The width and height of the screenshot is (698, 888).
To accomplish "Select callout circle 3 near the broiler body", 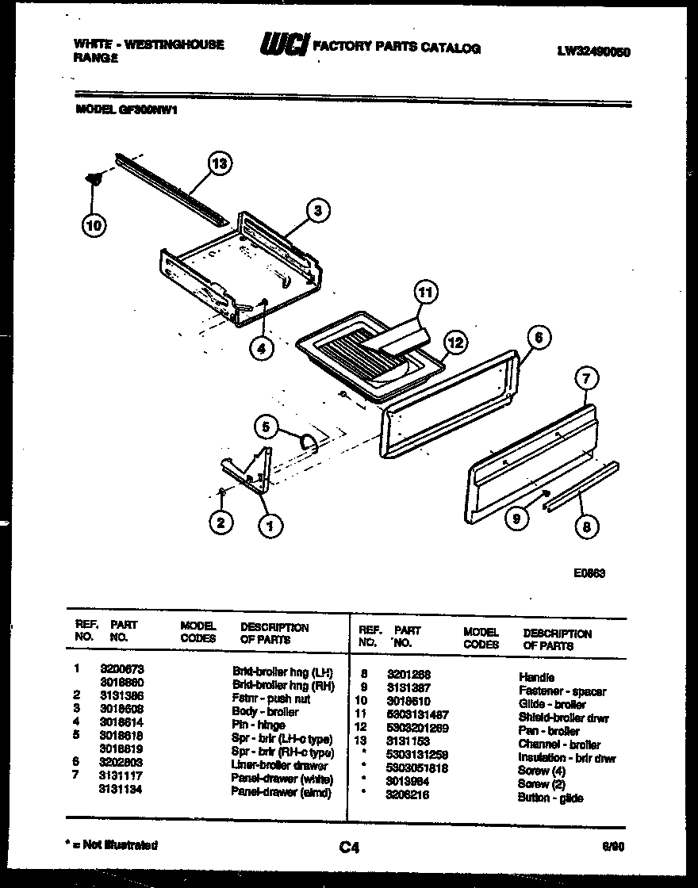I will pyautogui.click(x=317, y=211).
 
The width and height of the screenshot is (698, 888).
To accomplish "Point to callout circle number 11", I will pyautogui.click(x=426, y=293).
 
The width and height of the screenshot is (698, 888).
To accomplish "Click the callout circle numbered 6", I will pyautogui.click(x=538, y=337).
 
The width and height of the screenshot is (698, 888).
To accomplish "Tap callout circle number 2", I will pyautogui.click(x=221, y=522).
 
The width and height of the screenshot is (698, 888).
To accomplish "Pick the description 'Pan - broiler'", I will pyautogui.click(x=548, y=731).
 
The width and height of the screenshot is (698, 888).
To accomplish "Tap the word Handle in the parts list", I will pyautogui.click(x=535, y=677).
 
